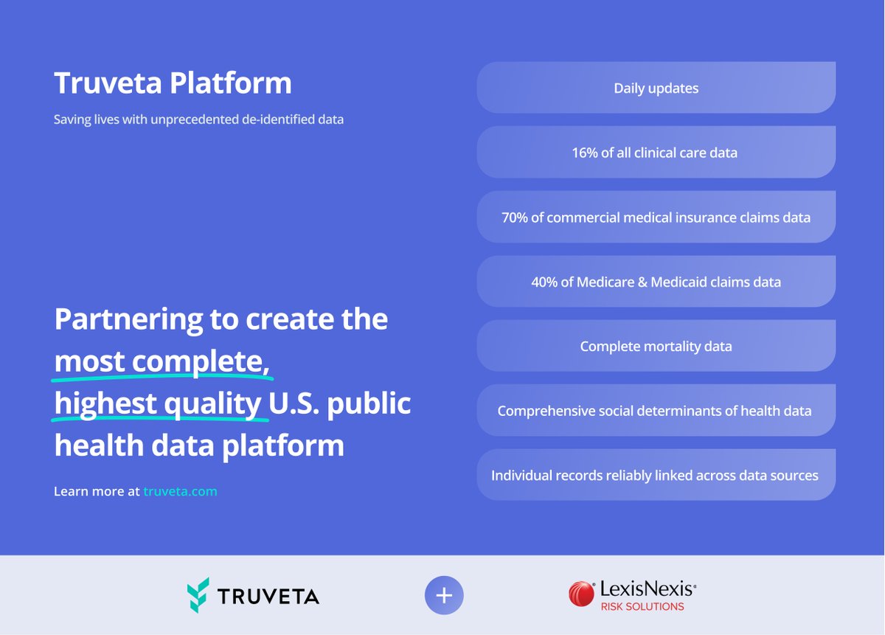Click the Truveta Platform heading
point(173,83)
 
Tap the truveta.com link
point(180,491)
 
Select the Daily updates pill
point(656,89)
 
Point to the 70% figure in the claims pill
point(514,218)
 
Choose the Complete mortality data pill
point(656,346)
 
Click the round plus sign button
point(444,595)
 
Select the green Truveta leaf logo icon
point(198,594)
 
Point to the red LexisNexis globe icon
point(581,594)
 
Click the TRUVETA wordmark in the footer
point(268,596)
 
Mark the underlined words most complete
point(164,362)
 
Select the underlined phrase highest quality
point(158,404)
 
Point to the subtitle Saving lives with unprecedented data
point(198,119)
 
